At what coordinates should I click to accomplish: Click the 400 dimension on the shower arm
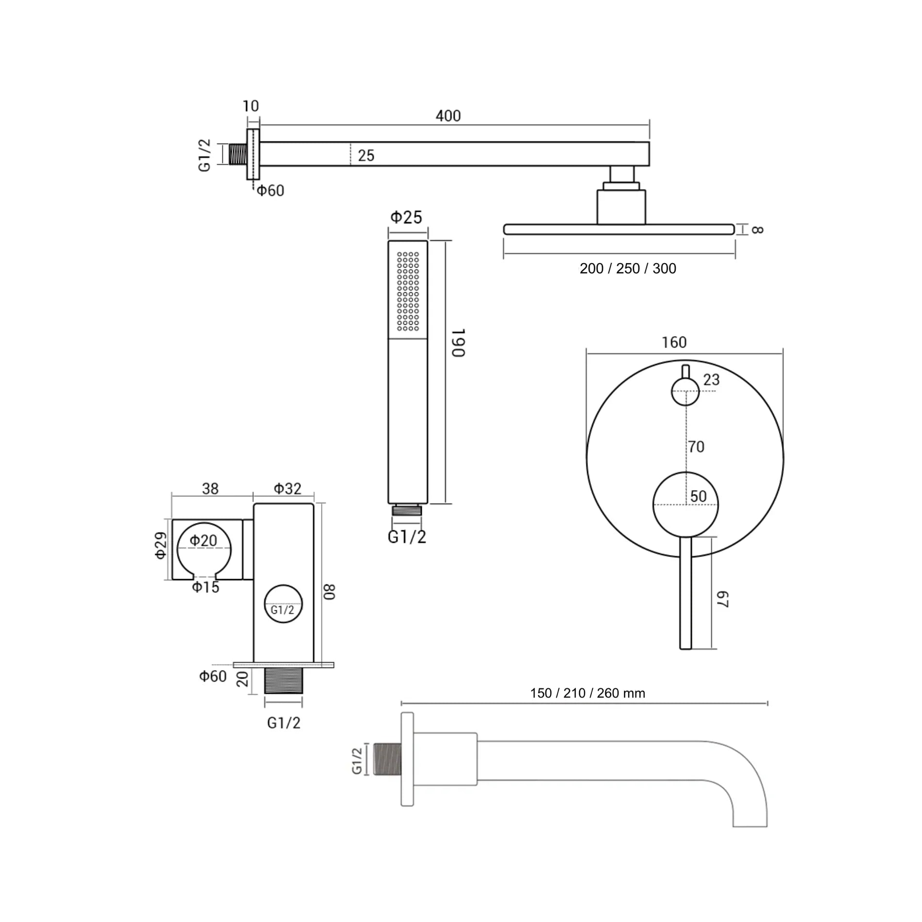tap(448, 116)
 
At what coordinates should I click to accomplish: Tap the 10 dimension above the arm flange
tap(251, 106)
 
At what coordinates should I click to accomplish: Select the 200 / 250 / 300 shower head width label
tap(628, 269)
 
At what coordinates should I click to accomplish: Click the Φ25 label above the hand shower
tap(406, 217)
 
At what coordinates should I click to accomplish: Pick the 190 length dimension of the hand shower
tap(458, 343)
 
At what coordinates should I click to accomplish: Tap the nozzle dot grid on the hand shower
tap(408, 291)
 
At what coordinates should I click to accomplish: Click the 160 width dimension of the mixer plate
tap(674, 342)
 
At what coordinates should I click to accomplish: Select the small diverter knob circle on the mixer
tap(685, 392)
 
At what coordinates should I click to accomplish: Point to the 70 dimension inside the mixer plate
tap(696, 446)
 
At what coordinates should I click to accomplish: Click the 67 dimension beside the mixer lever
tap(722, 599)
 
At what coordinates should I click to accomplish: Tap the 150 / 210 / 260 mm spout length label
tap(588, 693)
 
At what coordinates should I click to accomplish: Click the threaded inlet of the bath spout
tap(387, 759)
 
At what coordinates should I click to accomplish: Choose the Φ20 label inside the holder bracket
tap(203, 540)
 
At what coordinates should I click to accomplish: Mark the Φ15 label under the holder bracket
tap(206, 587)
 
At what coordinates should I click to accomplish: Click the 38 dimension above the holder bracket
tap(210, 488)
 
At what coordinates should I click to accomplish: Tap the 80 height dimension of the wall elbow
tap(329, 592)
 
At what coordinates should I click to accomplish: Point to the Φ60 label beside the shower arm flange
tap(270, 191)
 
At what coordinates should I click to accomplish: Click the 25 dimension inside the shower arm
tap(366, 156)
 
